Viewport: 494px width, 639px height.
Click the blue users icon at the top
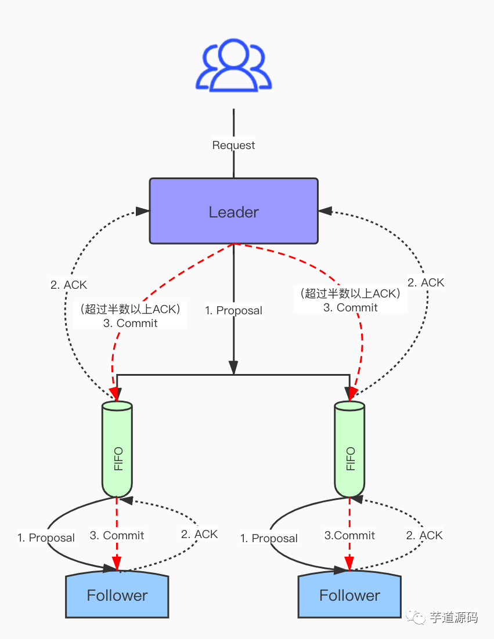pyautogui.click(x=233, y=65)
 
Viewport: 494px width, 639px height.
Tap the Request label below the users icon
pyautogui.click(x=233, y=145)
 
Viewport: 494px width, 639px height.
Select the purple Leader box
pyautogui.click(x=233, y=211)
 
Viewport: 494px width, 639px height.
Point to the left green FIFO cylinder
pyautogui.click(x=117, y=449)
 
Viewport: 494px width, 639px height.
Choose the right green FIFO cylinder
pyautogui.click(x=349, y=449)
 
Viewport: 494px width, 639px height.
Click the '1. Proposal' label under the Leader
pyautogui.click(x=233, y=311)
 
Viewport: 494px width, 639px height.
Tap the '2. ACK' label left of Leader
pyautogui.click(x=68, y=285)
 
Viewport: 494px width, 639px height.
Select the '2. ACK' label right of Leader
pyautogui.click(x=426, y=282)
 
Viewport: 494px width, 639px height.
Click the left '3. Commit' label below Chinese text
pyautogui.click(x=131, y=323)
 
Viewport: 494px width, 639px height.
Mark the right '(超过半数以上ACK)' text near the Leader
pyautogui.click(x=350, y=293)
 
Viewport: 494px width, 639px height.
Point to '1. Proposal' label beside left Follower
pyautogui.click(x=46, y=538)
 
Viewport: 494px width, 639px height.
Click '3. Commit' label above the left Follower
pyautogui.click(x=117, y=536)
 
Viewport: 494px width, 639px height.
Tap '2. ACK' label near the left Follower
pyautogui.click(x=199, y=534)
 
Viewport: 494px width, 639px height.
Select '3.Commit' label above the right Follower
pyautogui.click(x=349, y=536)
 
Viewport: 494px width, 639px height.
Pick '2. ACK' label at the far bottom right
pyautogui.click(x=424, y=536)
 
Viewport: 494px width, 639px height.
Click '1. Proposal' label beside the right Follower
pyautogui.click(x=269, y=539)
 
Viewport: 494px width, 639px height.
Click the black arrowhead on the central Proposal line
pyautogui.click(x=233, y=368)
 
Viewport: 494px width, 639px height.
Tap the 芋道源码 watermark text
pyautogui.click(x=453, y=617)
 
